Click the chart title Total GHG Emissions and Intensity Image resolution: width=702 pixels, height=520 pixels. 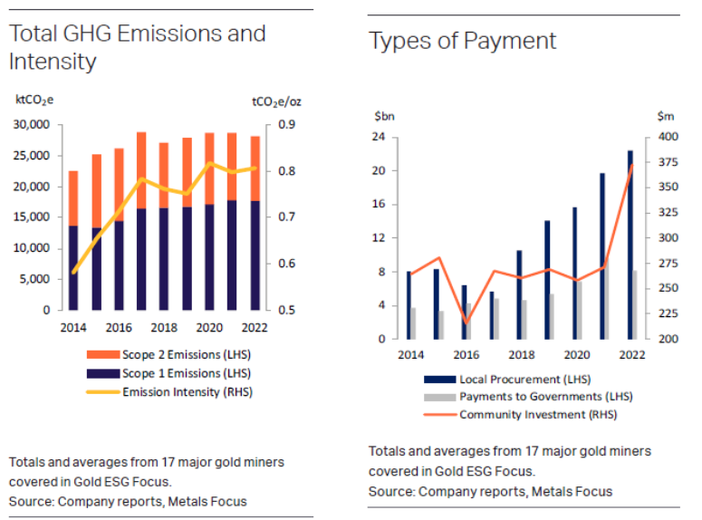(137, 47)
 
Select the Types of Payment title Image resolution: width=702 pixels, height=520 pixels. (462, 41)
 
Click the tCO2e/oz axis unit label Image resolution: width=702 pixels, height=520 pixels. (276, 101)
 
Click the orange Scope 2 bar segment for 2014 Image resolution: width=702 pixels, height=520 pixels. (73, 197)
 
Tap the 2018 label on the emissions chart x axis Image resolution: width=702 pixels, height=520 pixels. (164, 327)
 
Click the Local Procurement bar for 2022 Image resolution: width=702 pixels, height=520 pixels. (630, 245)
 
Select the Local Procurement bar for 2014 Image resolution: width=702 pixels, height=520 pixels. (409, 305)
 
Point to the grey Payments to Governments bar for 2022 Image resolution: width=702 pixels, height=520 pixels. (635, 304)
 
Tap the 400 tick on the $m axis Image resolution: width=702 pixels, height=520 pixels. (667, 138)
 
